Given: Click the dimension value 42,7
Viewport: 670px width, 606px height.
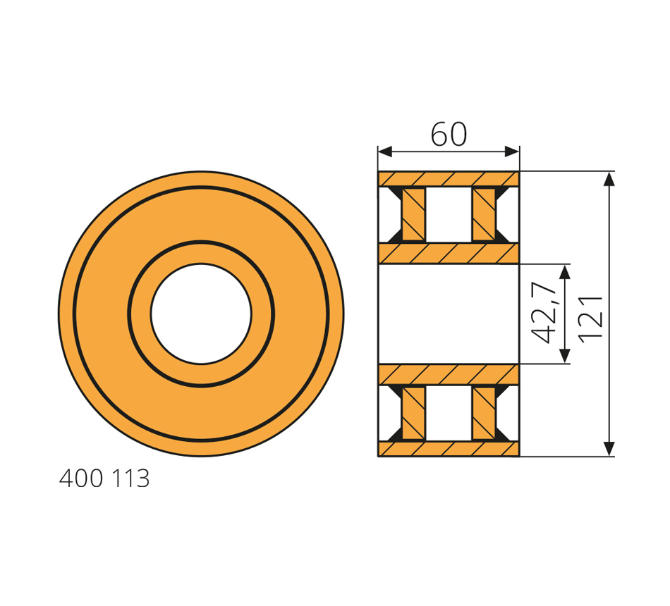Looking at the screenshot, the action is tap(544, 313).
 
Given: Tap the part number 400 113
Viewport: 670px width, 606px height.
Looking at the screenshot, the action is tap(104, 478).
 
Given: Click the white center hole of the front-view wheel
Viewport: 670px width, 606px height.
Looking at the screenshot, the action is tap(201, 314).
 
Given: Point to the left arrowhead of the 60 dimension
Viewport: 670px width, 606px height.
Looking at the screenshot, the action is tap(385, 151).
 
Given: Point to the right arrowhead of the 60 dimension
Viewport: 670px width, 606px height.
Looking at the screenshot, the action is tap(512, 151).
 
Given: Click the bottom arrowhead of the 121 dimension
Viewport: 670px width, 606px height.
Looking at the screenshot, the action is tap(609, 448).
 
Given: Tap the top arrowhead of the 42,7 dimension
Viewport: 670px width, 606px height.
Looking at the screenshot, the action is tap(565, 271).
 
